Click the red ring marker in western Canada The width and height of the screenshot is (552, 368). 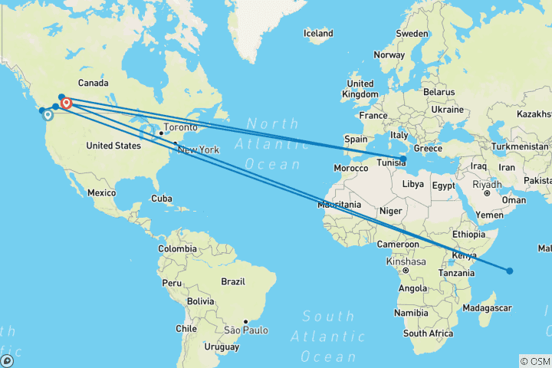click(x=66, y=103)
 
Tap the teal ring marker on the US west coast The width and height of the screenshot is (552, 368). click(x=48, y=116)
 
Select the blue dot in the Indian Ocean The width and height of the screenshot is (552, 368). click(x=509, y=270)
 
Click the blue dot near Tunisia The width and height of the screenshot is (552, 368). click(x=403, y=158)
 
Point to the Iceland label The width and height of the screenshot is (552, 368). click(x=318, y=34)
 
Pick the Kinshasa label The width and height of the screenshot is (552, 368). click(x=406, y=261)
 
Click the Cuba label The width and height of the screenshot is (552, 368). click(x=163, y=198)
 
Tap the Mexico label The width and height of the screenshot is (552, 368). click(x=102, y=193)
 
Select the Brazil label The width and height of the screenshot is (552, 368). click(x=232, y=281)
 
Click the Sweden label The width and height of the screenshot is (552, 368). click(x=412, y=34)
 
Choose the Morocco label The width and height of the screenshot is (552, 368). click(x=351, y=167)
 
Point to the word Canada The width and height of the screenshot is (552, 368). click(x=92, y=83)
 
